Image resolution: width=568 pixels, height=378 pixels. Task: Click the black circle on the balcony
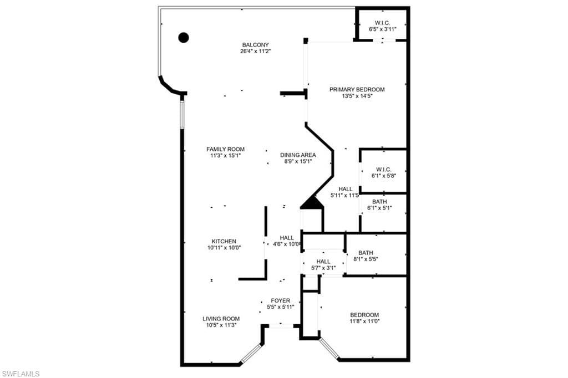tap(184, 38)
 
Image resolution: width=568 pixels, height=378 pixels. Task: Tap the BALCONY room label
tap(256, 45)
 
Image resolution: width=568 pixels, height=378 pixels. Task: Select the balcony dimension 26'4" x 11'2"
tap(256, 52)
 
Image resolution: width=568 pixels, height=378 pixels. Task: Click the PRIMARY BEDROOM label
tap(357, 89)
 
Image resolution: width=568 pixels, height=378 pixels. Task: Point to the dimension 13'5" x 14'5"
tap(357, 96)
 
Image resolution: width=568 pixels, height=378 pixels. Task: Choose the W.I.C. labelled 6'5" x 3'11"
tap(382, 23)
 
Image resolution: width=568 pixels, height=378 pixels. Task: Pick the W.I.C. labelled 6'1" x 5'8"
tap(384, 170)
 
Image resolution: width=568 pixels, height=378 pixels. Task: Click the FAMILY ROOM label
tap(225, 149)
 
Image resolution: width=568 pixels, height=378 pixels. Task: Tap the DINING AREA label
tap(298, 155)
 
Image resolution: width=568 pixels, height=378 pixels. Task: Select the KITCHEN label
tap(224, 241)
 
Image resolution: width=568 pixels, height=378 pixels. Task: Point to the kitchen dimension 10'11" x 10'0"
tap(224, 248)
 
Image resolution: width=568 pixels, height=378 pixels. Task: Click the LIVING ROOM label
tap(221, 319)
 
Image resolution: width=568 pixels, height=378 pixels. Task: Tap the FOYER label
tap(280, 300)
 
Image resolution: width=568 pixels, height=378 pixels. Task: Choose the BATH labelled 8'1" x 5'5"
tap(366, 253)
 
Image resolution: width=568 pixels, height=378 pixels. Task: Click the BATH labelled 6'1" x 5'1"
tap(379, 202)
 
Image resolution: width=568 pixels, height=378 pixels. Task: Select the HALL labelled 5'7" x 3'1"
tap(323, 262)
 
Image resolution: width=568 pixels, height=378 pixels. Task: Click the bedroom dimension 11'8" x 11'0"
tap(364, 321)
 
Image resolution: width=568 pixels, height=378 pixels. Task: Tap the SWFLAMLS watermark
tap(21, 374)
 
